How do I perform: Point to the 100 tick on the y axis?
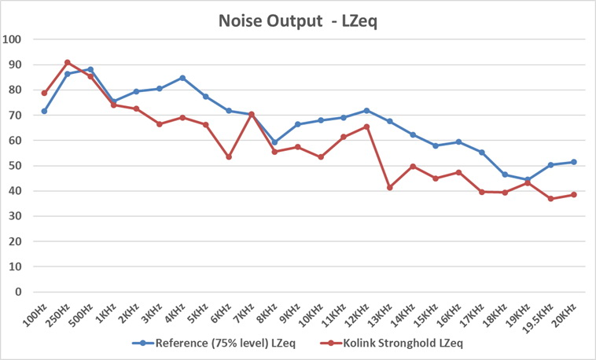(13, 40)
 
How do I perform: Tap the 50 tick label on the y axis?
(16, 166)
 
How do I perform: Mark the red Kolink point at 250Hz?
(68, 62)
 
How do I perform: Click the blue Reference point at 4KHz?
(182, 78)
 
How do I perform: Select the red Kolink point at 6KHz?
(229, 157)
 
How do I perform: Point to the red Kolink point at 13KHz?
(390, 187)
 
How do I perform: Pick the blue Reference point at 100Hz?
(45, 111)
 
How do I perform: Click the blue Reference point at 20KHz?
(574, 162)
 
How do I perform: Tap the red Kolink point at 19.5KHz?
(551, 199)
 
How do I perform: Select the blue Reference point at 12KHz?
(366, 111)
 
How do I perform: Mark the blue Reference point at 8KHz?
(274, 142)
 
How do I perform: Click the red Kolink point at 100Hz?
(45, 94)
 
